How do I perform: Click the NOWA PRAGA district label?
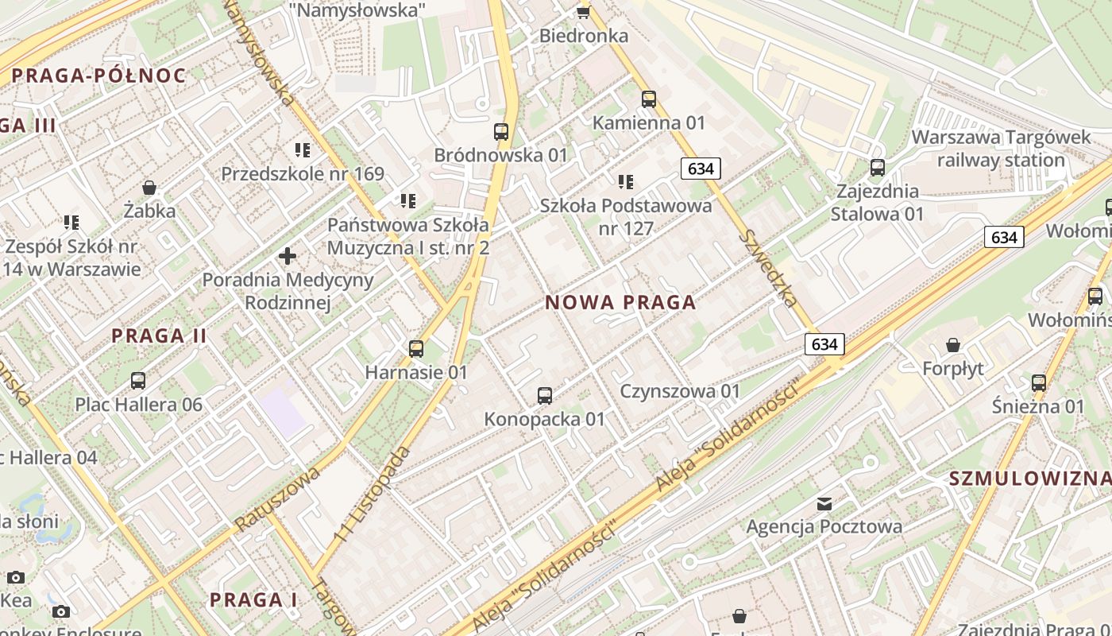(x=620, y=303)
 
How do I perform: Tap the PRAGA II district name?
(x=159, y=336)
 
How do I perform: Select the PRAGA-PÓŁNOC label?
(x=98, y=76)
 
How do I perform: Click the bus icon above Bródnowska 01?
(x=501, y=132)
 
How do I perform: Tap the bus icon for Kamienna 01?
(x=649, y=99)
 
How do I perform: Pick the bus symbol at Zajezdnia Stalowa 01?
(x=878, y=168)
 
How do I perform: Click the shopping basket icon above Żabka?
(x=149, y=188)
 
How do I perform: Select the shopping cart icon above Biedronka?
(x=584, y=11)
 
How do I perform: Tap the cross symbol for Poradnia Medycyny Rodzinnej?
(x=288, y=256)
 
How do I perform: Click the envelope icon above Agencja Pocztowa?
(x=824, y=503)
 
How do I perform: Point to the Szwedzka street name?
(x=768, y=269)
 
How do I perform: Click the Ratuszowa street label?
(x=277, y=499)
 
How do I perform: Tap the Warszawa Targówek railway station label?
(x=1001, y=149)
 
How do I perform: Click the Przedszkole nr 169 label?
(x=303, y=174)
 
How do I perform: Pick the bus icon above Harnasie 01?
(x=416, y=348)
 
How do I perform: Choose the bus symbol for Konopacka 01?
(x=545, y=395)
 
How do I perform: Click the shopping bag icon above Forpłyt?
(x=953, y=345)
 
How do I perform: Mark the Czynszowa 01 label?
(x=680, y=391)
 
